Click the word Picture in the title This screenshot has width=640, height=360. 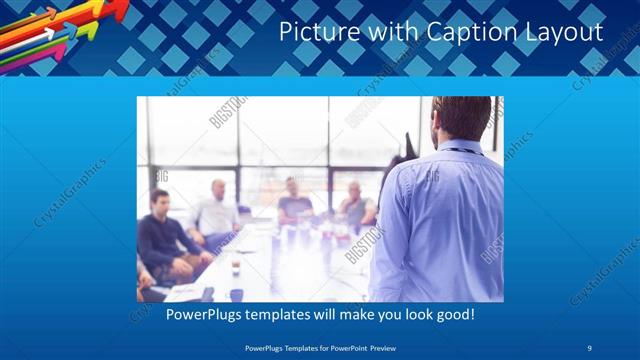(313, 32)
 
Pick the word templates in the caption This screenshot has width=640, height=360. (276, 314)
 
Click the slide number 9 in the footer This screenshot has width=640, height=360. (589, 347)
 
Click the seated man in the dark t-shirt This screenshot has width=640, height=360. (295, 200)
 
